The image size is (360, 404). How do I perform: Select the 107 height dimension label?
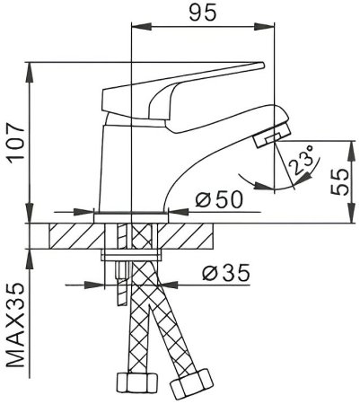tap(14, 143)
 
